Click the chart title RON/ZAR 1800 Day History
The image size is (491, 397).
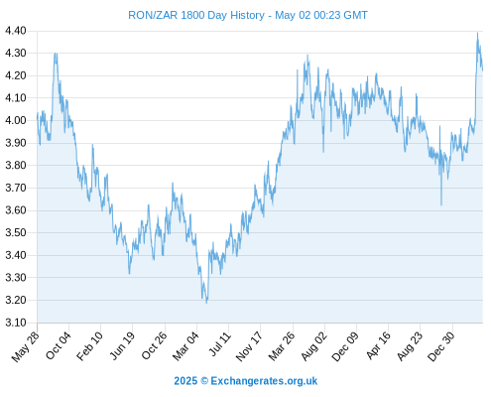[x=196, y=15]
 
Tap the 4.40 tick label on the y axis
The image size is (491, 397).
[x=16, y=31]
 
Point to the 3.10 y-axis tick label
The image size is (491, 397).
[x=16, y=323]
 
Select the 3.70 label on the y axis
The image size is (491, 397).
[x=16, y=188]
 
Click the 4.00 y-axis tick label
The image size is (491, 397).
[x=16, y=120]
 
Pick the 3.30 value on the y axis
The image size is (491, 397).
[x=16, y=278]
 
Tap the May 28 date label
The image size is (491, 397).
[x=26, y=346]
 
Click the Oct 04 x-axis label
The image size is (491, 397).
[x=59, y=346]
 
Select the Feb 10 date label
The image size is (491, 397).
[x=89, y=346]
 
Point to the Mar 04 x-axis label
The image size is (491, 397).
[x=185, y=346]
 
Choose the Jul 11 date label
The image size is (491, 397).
[x=219, y=344]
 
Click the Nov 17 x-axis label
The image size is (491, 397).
[x=249, y=346]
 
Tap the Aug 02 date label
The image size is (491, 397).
[x=314, y=346]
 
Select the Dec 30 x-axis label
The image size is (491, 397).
[x=441, y=346]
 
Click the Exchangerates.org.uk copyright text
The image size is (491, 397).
[x=264, y=381]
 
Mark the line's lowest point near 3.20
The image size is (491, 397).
[x=206, y=303]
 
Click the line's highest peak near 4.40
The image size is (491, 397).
[x=477, y=33]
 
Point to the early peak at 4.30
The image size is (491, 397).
[x=56, y=54]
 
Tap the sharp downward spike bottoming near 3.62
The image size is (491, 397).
[x=441, y=204]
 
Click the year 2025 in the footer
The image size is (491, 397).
[x=185, y=381]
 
